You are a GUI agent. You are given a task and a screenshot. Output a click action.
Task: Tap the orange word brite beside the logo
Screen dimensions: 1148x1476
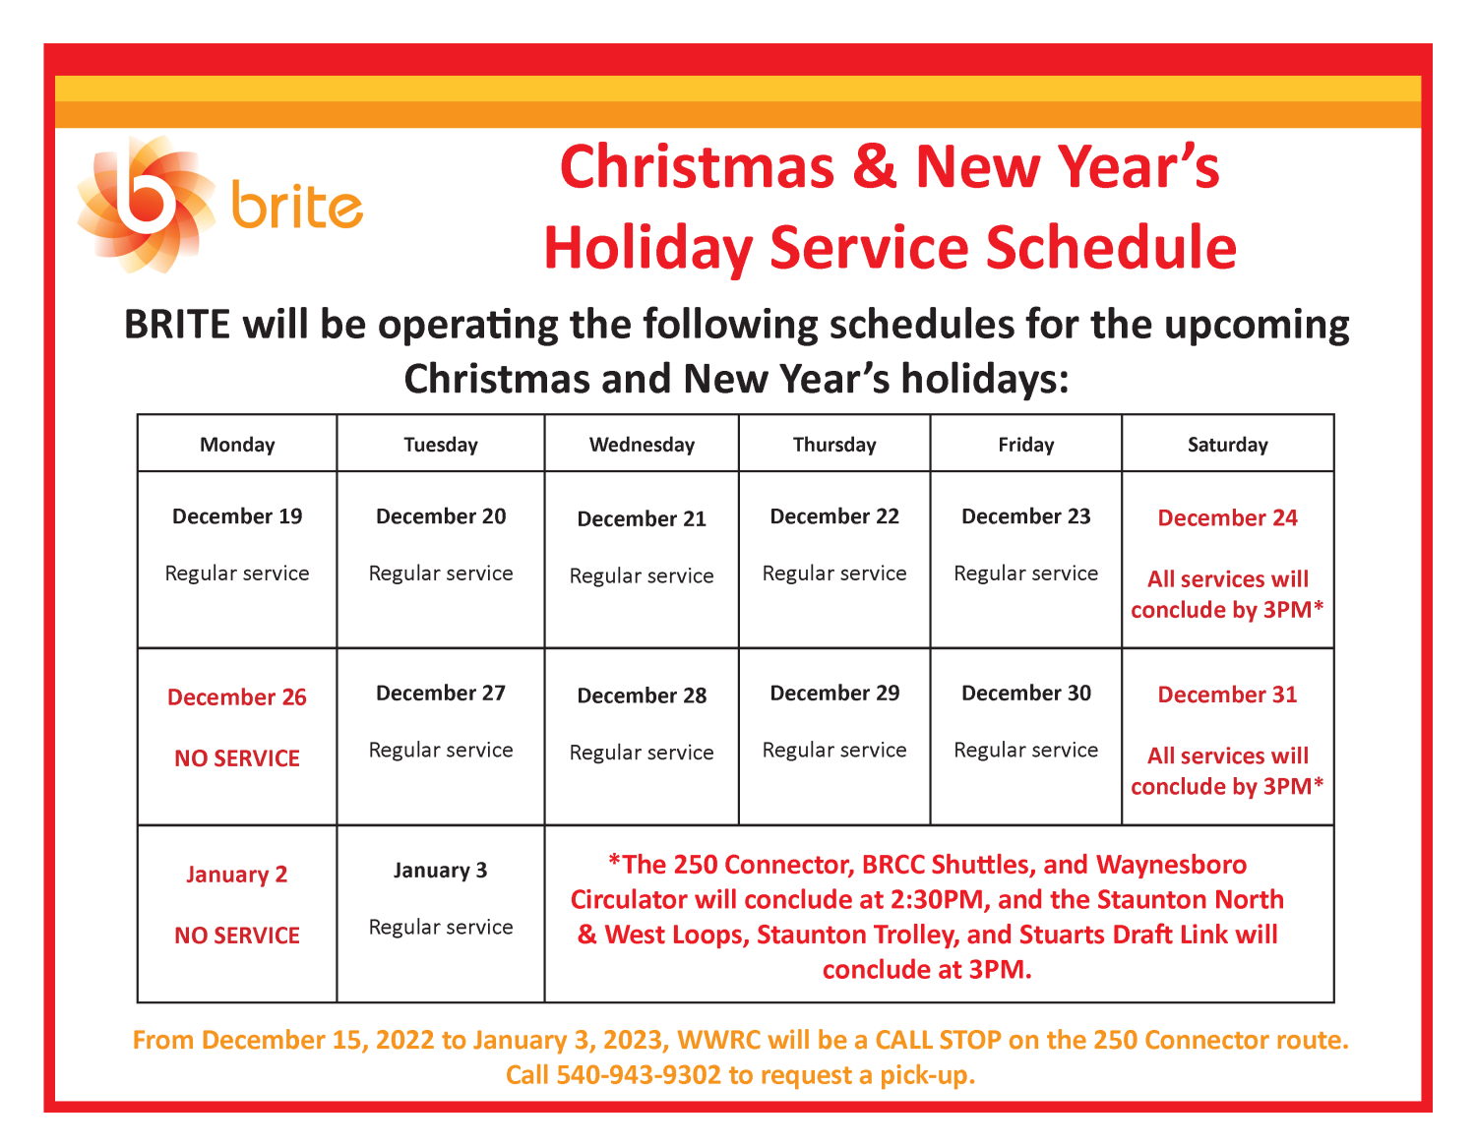coord(297,206)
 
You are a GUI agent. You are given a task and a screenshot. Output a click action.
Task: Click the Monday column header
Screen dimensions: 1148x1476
coord(237,445)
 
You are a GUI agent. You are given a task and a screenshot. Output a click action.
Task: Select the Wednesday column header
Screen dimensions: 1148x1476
coord(642,445)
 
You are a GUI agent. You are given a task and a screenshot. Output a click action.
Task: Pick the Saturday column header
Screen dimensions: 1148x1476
coord(1227,445)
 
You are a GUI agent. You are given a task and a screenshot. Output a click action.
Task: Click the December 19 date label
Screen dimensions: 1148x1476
coord(237,516)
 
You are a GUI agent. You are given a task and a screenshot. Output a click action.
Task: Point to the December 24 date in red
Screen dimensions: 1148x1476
coord(1227,518)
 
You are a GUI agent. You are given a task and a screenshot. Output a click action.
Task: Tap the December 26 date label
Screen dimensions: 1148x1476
coord(237,697)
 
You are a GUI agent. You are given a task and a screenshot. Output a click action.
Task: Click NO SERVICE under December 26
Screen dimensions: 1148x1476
coord(237,758)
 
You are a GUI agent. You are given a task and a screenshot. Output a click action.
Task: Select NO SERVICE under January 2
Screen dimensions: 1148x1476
coord(237,936)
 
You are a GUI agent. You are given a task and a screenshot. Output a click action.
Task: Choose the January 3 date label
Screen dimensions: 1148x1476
coord(440,871)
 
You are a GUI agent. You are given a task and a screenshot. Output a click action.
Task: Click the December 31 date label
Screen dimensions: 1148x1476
coord(1227,695)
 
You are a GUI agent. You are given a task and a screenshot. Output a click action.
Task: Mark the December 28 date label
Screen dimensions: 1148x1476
coord(642,695)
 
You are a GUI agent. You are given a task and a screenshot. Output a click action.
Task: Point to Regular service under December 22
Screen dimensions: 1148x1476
coord(834,574)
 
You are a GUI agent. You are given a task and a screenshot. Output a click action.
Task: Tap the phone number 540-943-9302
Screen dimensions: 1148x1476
coord(639,1075)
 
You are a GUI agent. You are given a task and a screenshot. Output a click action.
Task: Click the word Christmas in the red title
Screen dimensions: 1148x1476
coord(697,166)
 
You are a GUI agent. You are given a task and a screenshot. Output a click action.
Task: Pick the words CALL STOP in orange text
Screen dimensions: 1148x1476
coord(938,1040)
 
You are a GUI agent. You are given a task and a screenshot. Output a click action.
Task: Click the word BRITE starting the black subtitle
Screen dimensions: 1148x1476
coord(177,325)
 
